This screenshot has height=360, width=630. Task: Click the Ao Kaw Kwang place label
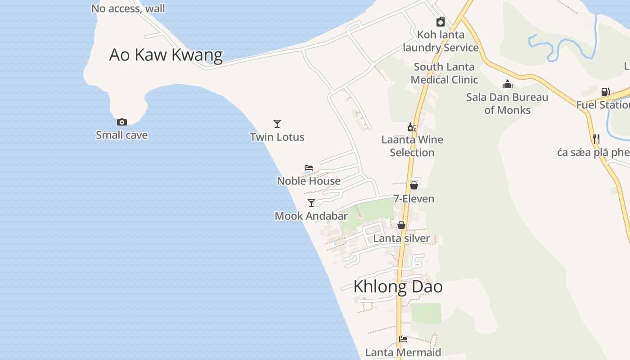[x=166, y=55]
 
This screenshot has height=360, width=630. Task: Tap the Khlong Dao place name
[x=398, y=287]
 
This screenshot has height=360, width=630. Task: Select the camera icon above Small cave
[x=121, y=122]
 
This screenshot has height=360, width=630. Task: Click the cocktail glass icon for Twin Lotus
[x=277, y=123]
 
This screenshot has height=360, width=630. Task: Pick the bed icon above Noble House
[x=309, y=168]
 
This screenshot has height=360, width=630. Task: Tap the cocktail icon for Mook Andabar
[x=311, y=202]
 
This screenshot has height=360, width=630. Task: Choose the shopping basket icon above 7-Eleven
[x=414, y=185]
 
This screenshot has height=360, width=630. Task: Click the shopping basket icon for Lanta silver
[x=401, y=225]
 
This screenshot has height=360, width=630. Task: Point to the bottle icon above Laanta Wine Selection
[x=412, y=127]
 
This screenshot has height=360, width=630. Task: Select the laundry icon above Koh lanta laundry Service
[x=441, y=22]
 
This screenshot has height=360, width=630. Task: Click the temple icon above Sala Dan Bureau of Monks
[x=507, y=84]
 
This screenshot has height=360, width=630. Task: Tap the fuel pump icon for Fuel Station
[x=605, y=92]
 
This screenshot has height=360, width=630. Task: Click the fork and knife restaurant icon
[x=596, y=139]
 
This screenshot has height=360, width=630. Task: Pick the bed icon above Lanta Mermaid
[x=403, y=339]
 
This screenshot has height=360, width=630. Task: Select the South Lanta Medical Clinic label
[x=444, y=73]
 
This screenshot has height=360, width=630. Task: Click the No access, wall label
[x=128, y=9]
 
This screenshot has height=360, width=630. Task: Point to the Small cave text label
[x=121, y=135]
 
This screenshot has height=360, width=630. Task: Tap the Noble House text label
[x=309, y=181]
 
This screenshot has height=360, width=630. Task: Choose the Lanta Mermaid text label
[x=403, y=352]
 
